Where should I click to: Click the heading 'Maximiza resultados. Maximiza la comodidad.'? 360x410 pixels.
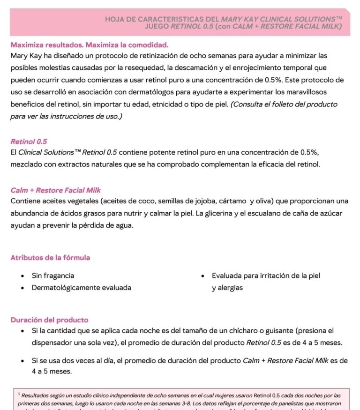tap(89, 45)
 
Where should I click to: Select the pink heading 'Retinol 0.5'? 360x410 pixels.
tap(29, 141)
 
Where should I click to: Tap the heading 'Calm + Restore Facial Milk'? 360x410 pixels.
tap(55, 190)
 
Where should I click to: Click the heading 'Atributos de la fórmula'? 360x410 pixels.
tap(50, 258)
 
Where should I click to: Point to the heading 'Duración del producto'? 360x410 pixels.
tap(49, 320)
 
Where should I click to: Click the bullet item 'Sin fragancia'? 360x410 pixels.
tap(52, 276)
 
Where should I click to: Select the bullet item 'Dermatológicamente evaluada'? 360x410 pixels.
tap(81, 288)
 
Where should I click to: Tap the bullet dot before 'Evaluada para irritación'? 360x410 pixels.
tap(202, 276)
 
